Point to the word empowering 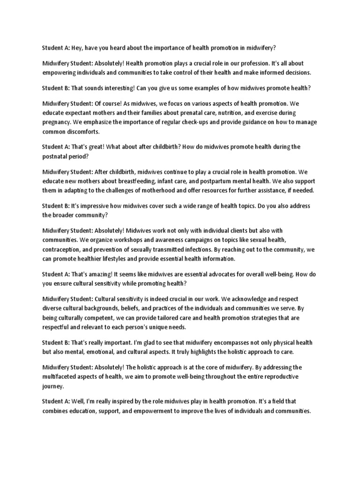[61, 73]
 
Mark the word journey [53, 386]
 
